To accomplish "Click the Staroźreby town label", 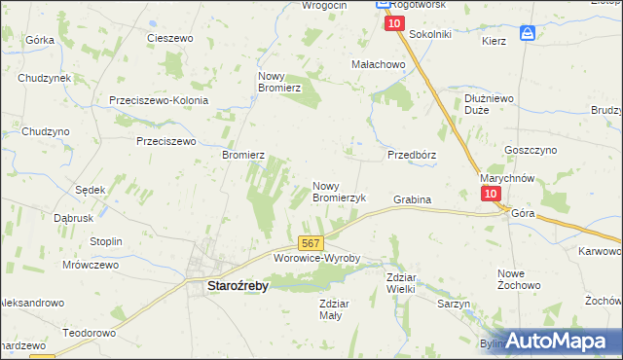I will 238,286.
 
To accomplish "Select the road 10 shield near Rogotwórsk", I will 393,23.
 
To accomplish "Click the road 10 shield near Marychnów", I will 491,194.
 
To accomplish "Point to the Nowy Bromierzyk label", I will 339,191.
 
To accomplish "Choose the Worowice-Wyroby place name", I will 317,259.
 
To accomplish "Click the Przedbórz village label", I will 412,155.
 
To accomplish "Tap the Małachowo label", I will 378,64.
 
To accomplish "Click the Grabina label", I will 412,199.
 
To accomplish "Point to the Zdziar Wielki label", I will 400,282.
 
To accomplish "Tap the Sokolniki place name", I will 430,34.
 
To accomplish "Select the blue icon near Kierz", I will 528,32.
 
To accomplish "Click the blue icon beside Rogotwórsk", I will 383,5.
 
